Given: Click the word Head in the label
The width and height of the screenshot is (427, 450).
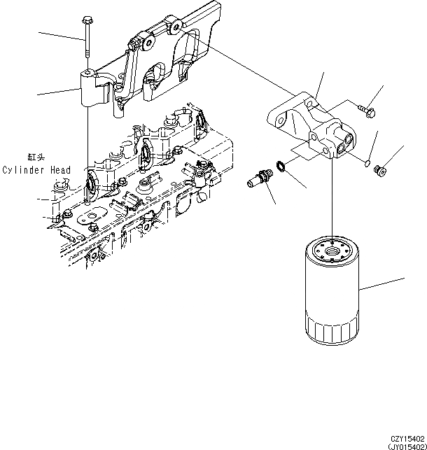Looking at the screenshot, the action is tap(60, 170).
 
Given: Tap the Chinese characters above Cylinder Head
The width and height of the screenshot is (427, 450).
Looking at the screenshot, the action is tap(36, 157).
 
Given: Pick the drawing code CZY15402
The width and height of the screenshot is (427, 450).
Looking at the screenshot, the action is tap(407, 439).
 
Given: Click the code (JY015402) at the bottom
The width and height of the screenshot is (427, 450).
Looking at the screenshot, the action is tap(407, 447).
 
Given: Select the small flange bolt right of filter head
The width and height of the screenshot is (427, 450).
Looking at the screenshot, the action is tap(367, 111).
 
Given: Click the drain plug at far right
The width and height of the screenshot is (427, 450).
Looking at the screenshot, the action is tap(381, 171).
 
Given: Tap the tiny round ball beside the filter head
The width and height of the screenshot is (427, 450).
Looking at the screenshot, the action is tap(367, 164).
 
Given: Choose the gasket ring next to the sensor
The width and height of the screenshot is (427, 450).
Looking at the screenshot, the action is tap(281, 166).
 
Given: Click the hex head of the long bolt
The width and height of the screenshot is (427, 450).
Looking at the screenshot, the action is tap(86, 20).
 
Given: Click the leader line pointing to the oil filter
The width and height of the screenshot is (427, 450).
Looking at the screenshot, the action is tap(381, 284).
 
